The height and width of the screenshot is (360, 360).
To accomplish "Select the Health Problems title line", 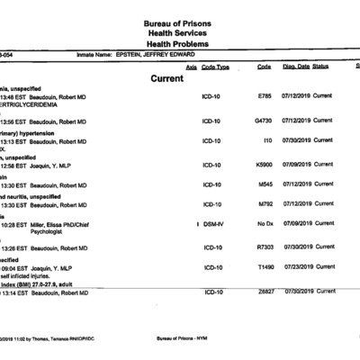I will (x=179, y=42).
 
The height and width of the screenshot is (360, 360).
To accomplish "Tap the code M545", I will (x=265, y=184).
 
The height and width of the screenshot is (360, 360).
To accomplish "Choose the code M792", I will (x=265, y=203).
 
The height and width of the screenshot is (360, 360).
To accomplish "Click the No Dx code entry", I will (x=265, y=223).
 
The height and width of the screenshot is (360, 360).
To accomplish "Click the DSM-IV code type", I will (x=212, y=223).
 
